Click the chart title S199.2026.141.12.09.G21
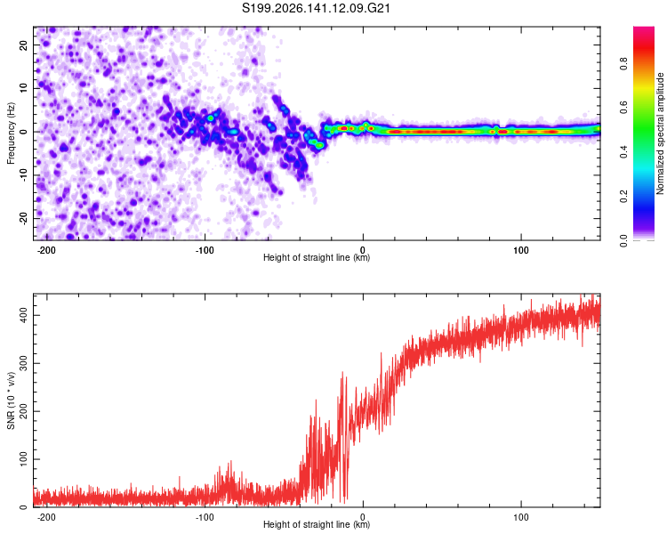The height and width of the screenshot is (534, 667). click(x=316, y=8)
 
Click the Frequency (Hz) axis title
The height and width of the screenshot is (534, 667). click(x=11, y=133)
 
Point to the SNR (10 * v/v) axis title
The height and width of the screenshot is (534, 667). click(x=11, y=400)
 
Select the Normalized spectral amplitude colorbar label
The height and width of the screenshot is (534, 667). click(x=660, y=133)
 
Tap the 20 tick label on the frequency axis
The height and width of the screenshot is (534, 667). click(x=23, y=45)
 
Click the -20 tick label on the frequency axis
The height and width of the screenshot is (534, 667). click(x=23, y=218)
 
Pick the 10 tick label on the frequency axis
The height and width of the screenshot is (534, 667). click(x=23, y=89)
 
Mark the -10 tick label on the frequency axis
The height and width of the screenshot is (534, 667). click(x=23, y=175)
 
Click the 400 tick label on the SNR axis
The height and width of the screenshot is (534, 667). click(x=23, y=315)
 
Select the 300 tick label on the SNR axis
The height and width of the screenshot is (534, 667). click(x=23, y=363)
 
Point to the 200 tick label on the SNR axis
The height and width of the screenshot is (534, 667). click(x=23, y=411)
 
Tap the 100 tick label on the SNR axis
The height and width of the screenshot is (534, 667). click(x=23, y=459)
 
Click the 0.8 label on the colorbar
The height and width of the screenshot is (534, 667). click(x=623, y=64)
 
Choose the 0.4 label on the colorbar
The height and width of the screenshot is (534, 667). click(x=623, y=152)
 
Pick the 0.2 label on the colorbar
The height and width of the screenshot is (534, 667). click(x=623, y=197)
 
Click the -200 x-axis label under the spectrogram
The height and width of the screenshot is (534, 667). click(x=46, y=250)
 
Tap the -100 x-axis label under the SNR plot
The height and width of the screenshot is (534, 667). click(x=205, y=517)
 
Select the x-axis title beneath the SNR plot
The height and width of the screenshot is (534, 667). click(x=317, y=524)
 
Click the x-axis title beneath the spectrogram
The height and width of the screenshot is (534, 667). click(x=317, y=257)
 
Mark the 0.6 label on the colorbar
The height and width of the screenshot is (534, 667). click(x=623, y=108)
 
